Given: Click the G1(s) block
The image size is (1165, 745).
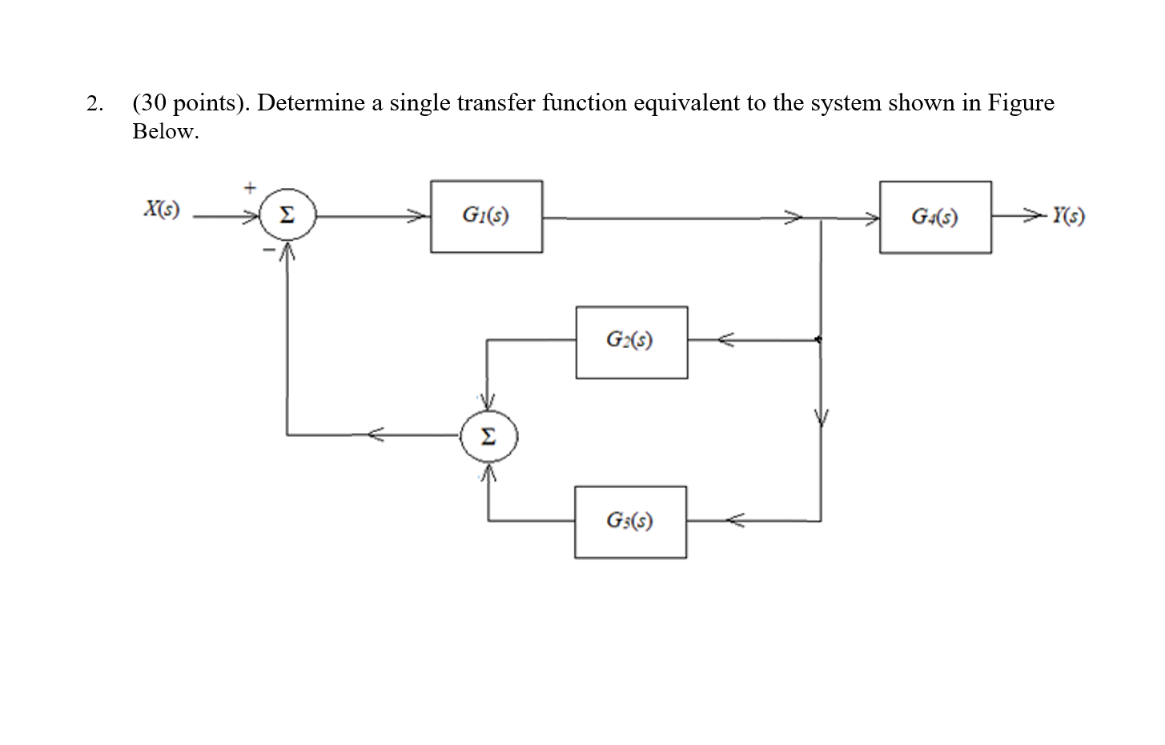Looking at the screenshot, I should coord(486,216).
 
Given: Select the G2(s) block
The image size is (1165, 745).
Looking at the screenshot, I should coord(631,342).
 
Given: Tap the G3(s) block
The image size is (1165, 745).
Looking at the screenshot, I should coord(630,522).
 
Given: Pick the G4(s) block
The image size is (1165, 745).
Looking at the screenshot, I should coord(935,217).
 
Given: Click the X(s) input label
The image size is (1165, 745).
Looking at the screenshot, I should coord(161,210).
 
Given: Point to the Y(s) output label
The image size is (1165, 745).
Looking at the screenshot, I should coord(1068,216).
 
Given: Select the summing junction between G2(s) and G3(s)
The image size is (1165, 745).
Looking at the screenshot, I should coord(488,437).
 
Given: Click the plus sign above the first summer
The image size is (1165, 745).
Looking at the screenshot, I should coord(249,188).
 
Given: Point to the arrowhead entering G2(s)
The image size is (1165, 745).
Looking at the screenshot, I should coord(725,340).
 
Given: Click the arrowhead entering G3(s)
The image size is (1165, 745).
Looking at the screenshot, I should coord(735,521).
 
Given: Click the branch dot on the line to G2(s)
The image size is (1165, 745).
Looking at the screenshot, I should coord(818,340).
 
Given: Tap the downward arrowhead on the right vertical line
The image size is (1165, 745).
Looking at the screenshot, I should coord(819,418).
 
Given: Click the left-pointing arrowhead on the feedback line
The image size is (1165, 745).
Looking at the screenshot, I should coord(376,435).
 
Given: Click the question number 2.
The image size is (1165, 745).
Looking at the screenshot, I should coord(94,104).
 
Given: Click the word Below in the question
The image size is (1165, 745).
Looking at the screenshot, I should coord(165,132).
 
